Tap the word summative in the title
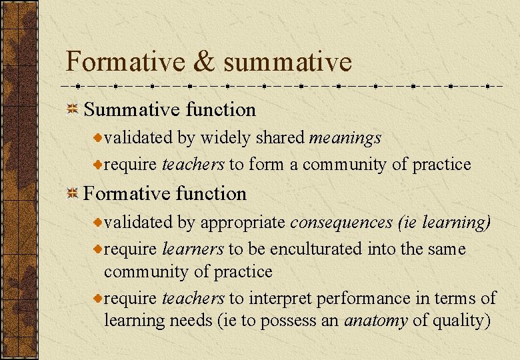(x=287, y=62)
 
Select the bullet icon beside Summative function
(x=73, y=109)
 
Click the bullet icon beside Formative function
(x=73, y=193)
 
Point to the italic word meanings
(x=345, y=138)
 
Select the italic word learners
(x=193, y=249)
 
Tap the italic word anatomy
(x=375, y=321)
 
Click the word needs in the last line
(x=192, y=321)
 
